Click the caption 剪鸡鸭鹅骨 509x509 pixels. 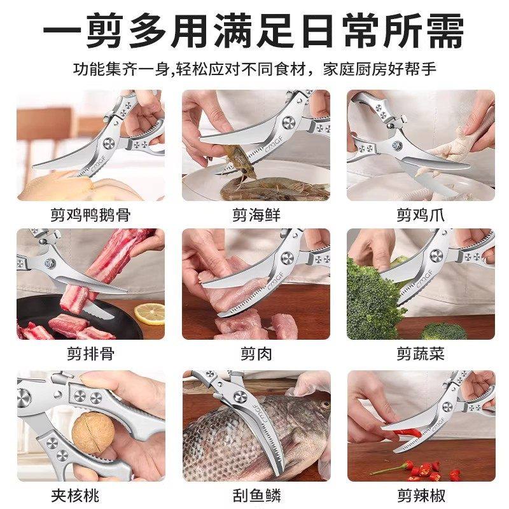(x=90, y=214)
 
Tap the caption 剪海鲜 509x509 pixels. (x=255, y=214)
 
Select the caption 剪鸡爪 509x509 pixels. (x=421, y=214)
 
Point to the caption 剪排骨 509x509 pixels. (x=90, y=354)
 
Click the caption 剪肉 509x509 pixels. (x=255, y=354)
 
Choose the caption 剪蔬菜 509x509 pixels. (x=421, y=354)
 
